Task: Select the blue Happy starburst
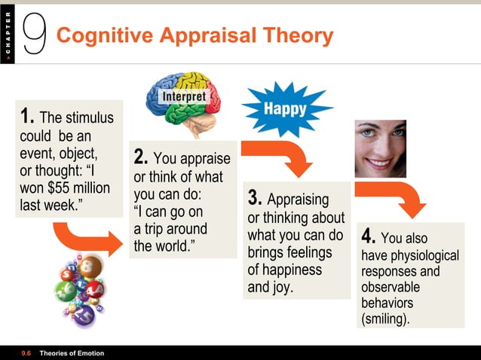click(284, 108)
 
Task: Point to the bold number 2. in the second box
click(141, 158)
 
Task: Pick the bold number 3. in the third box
click(255, 199)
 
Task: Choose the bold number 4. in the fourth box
click(369, 236)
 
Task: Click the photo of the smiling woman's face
click(380, 148)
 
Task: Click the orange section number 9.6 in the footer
click(26, 353)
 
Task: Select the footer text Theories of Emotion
click(72, 353)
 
